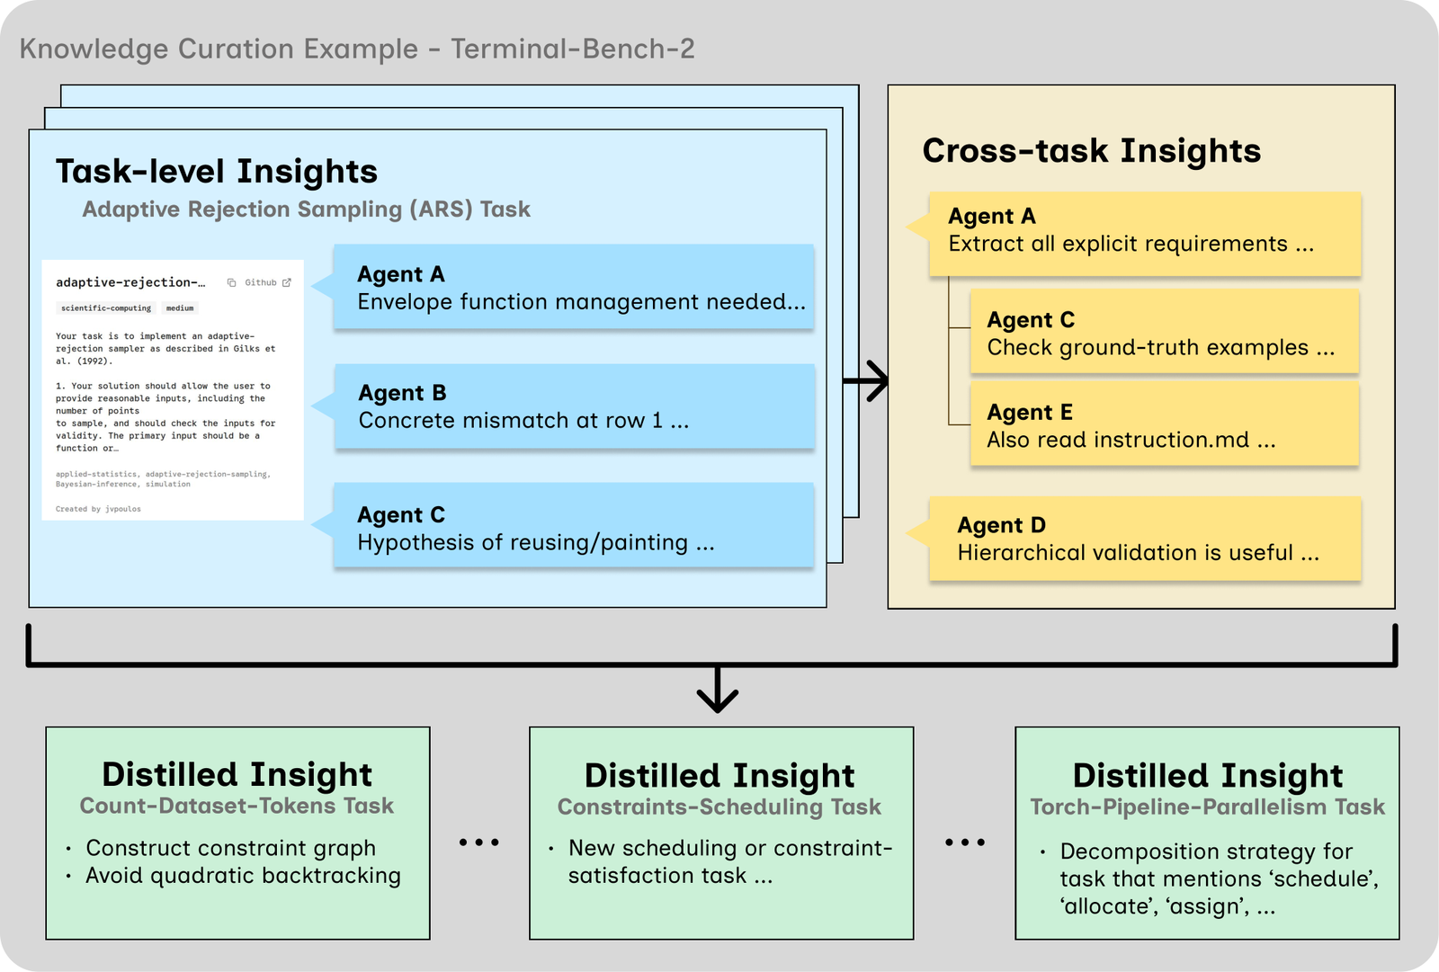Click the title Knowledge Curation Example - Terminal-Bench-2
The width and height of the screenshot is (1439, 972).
click(x=357, y=49)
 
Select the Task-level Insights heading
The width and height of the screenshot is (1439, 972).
click(x=217, y=171)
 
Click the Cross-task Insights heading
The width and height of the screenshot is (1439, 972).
click(x=1092, y=150)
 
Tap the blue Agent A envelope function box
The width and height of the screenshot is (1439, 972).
click(x=574, y=287)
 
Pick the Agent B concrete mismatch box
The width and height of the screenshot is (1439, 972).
click(x=575, y=406)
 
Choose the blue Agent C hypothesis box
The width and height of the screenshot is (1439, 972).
click(x=574, y=525)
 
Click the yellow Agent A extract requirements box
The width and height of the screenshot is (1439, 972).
click(x=1145, y=234)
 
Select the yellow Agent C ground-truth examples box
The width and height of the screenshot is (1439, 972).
click(x=1164, y=331)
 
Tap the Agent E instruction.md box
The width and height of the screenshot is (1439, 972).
click(x=1164, y=424)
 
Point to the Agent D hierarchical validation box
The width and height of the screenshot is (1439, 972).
click(x=1145, y=539)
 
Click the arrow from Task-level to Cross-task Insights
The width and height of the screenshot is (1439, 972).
click(x=866, y=381)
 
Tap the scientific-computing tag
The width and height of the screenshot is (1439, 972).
click(x=106, y=308)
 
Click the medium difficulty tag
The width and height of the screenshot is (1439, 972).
click(x=180, y=308)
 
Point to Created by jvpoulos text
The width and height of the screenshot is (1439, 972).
click(x=98, y=509)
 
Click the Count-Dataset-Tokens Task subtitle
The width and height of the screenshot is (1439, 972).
click(x=237, y=806)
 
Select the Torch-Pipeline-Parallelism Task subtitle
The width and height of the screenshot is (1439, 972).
click(x=1207, y=807)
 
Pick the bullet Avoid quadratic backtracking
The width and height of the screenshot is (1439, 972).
click(x=244, y=876)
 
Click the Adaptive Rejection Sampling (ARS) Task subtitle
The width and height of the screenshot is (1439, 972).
click(x=307, y=210)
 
